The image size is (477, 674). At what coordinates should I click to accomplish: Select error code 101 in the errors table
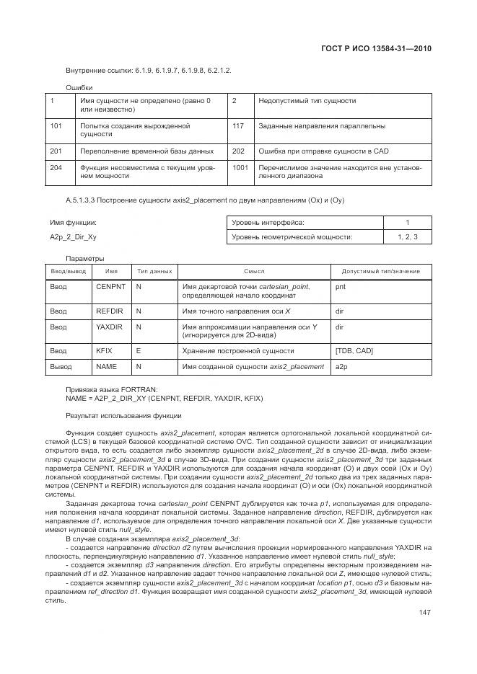56,126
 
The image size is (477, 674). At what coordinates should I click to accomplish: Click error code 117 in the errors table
238,126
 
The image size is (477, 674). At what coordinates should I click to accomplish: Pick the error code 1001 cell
240,167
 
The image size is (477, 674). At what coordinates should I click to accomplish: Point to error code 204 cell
56,167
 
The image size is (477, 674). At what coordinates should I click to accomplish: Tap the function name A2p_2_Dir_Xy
73,236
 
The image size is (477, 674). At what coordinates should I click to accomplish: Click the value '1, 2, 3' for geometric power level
407,236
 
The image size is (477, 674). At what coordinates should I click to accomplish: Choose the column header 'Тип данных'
154,272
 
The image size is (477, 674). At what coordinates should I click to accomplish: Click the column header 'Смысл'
254,272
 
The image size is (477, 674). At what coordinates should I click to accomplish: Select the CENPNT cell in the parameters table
110,287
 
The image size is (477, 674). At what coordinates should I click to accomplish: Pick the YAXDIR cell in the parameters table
110,327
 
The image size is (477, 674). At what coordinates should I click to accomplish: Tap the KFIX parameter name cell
105,350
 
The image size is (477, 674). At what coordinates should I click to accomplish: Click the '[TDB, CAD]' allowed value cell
354,350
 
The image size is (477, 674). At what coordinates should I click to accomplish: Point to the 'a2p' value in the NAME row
341,367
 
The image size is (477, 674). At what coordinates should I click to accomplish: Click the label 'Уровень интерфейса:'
268,223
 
